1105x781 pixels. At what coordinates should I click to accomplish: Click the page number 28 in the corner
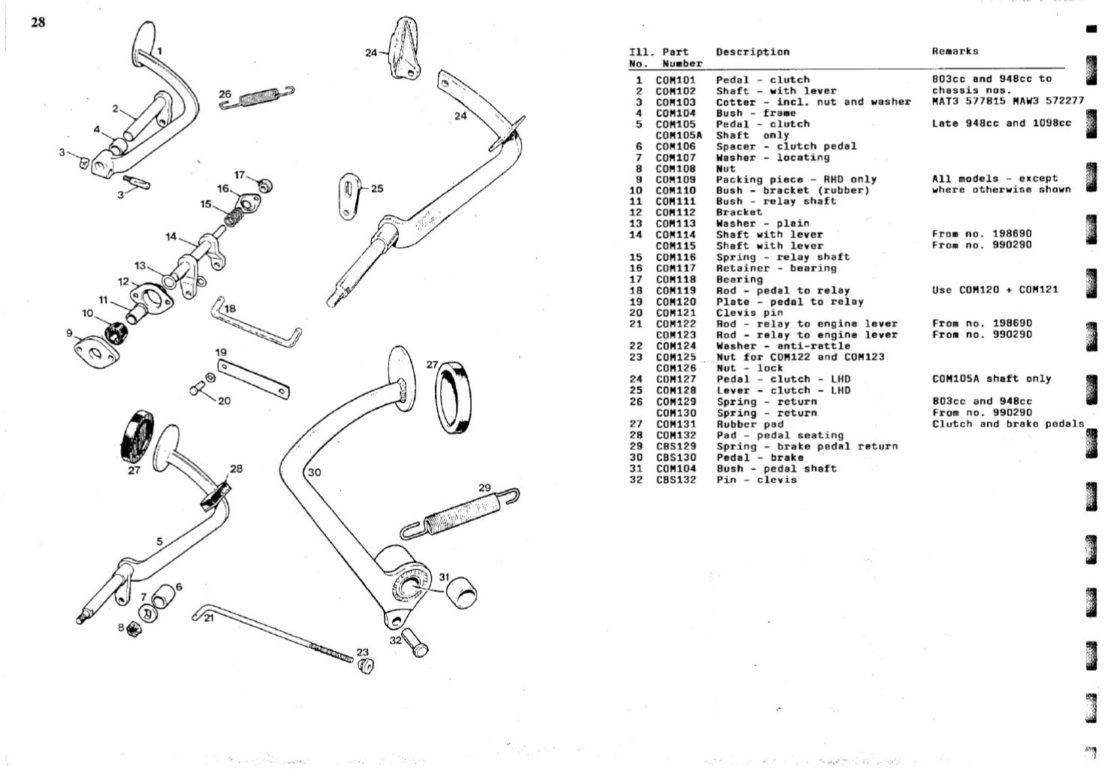[38, 23]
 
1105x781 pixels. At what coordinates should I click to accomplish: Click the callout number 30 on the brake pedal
[315, 472]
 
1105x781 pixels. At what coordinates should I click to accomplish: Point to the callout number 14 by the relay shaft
[171, 237]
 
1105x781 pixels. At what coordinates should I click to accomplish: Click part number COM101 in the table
[675, 80]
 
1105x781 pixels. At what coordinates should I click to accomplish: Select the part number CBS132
[675, 480]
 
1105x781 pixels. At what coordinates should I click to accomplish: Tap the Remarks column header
[955, 52]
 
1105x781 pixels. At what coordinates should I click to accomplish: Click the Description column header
[752, 52]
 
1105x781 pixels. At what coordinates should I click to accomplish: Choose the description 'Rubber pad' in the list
[749, 424]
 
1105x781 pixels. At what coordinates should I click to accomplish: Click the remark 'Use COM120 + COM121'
[995, 290]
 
